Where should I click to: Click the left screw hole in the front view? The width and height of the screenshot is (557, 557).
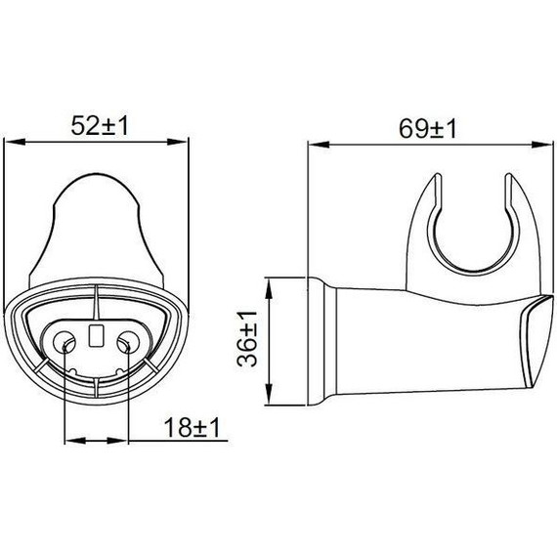[x=65, y=342]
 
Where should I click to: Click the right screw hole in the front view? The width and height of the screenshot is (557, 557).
[x=127, y=342]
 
